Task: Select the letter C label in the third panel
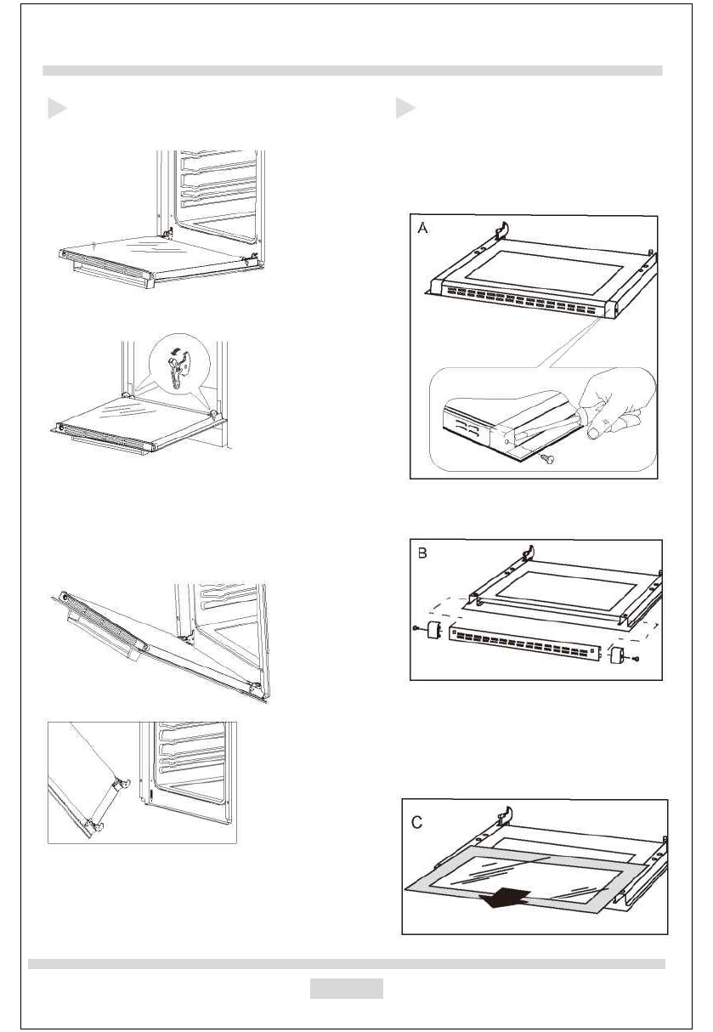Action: (418, 821)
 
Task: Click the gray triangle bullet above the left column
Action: (56, 109)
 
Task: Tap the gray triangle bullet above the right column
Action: (405, 109)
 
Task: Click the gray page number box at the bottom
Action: (345, 989)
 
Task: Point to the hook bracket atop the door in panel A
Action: (502, 231)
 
